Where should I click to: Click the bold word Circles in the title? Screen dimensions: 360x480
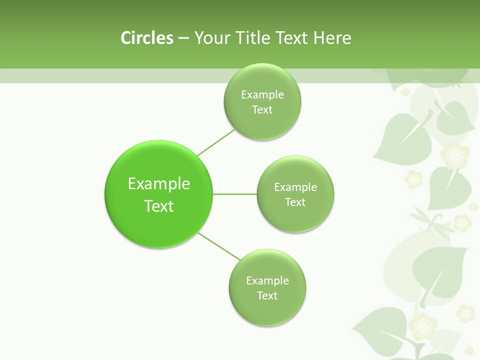(146, 38)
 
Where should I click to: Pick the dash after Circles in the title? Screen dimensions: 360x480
(183, 38)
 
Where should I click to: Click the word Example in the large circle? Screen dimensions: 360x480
(159, 183)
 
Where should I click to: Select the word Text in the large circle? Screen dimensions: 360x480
(159, 206)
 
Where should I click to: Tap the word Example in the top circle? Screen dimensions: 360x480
(262, 94)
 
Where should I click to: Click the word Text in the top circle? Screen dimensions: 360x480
(262, 109)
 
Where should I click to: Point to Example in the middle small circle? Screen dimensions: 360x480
(295, 187)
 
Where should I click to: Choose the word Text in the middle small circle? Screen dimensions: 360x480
(295, 202)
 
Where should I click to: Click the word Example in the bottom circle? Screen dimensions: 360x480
(267, 280)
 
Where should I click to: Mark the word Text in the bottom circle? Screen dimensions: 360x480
(267, 295)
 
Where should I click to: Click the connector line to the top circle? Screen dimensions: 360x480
(216, 142)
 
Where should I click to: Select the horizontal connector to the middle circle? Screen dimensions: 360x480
(235, 193)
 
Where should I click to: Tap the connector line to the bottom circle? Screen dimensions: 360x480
(219, 246)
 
